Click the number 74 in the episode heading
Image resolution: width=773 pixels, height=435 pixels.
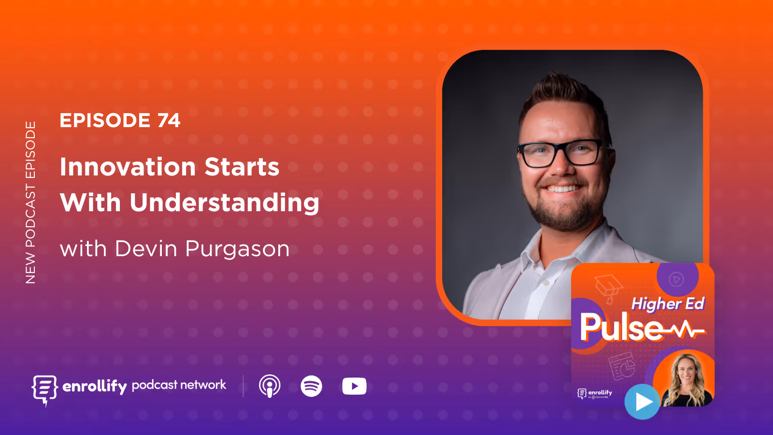(x=169, y=120)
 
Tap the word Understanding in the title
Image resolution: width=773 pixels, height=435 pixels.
(x=224, y=203)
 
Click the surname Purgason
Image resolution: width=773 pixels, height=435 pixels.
(x=237, y=249)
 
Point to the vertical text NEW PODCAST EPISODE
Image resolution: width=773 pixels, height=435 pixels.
(x=30, y=202)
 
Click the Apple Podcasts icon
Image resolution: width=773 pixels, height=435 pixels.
(x=270, y=386)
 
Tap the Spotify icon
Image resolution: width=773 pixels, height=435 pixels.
(x=311, y=386)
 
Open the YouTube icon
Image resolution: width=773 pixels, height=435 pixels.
(x=354, y=386)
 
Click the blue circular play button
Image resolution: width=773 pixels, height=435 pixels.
(x=642, y=402)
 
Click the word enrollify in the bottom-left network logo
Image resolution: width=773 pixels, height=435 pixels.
(x=95, y=386)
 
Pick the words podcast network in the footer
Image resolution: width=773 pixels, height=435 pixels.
(x=179, y=385)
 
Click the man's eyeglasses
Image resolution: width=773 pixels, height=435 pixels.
(x=563, y=154)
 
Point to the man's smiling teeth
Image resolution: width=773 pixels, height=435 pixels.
(x=562, y=188)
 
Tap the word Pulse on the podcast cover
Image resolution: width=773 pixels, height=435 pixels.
(x=621, y=328)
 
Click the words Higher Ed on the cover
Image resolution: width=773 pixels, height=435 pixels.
(x=668, y=304)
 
